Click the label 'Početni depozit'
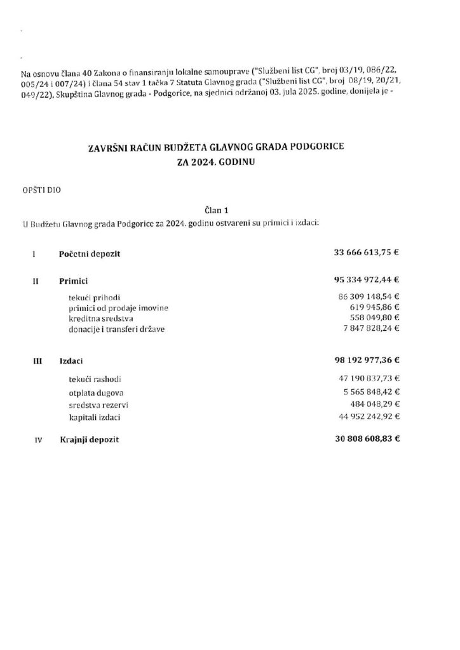point(90,254)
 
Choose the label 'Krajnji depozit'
point(90,439)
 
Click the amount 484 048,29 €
point(374,404)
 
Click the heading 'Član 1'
point(218,209)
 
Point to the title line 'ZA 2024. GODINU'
point(218,161)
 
